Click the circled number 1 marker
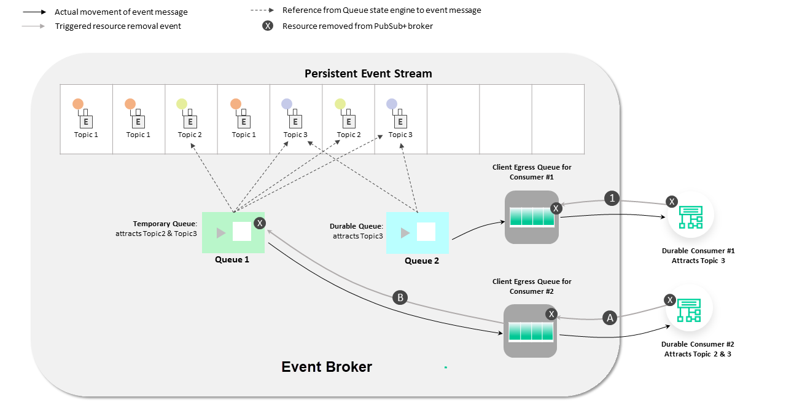pos(612,198)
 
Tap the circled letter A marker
pos(610,318)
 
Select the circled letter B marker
pos(400,298)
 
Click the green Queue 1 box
pos(233,232)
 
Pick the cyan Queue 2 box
pos(418,233)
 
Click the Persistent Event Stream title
pos(368,74)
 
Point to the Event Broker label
pos(327,367)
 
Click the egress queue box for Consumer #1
pos(532,217)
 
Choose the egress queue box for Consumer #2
pos(531,331)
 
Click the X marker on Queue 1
pos(260,223)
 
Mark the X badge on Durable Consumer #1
pos(672,202)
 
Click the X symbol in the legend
pos(268,26)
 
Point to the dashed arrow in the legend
pos(263,10)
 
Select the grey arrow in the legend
pos(34,26)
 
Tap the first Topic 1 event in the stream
pos(87,120)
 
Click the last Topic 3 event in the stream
pos(400,120)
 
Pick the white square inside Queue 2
pos(426,232)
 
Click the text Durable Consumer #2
pos(698,345)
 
